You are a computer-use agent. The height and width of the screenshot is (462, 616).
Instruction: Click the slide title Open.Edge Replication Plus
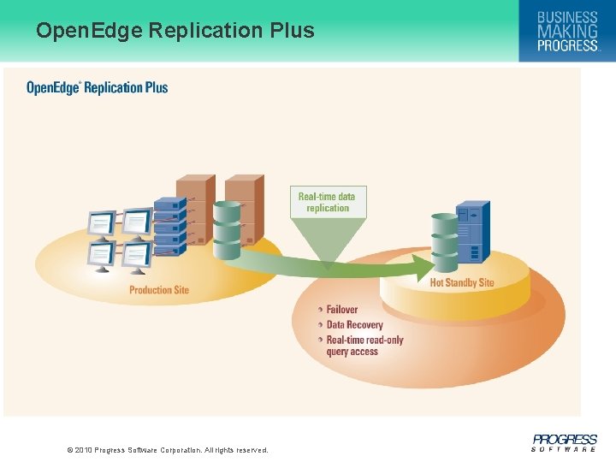point(175,31)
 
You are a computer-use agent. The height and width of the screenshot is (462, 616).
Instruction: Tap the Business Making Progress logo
point(566,31)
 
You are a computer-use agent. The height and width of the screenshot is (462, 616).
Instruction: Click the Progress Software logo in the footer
point(564,442)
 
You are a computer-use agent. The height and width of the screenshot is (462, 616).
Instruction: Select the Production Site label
point(159,290)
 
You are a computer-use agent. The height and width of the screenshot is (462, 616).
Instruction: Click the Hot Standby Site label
point(462,282)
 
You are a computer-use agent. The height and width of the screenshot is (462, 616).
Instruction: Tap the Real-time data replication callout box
point(327,202)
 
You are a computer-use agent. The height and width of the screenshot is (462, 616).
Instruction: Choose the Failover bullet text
point(342,310)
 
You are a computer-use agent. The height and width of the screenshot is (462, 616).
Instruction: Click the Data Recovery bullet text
point(354,325)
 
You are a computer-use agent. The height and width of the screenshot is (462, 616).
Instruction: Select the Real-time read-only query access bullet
point(364,346)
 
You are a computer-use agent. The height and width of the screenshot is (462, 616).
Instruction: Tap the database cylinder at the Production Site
point(227,230)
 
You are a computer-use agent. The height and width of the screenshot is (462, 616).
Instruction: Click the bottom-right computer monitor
point(135,255)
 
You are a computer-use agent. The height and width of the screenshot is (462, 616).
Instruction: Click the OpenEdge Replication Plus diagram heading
point(98,87)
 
